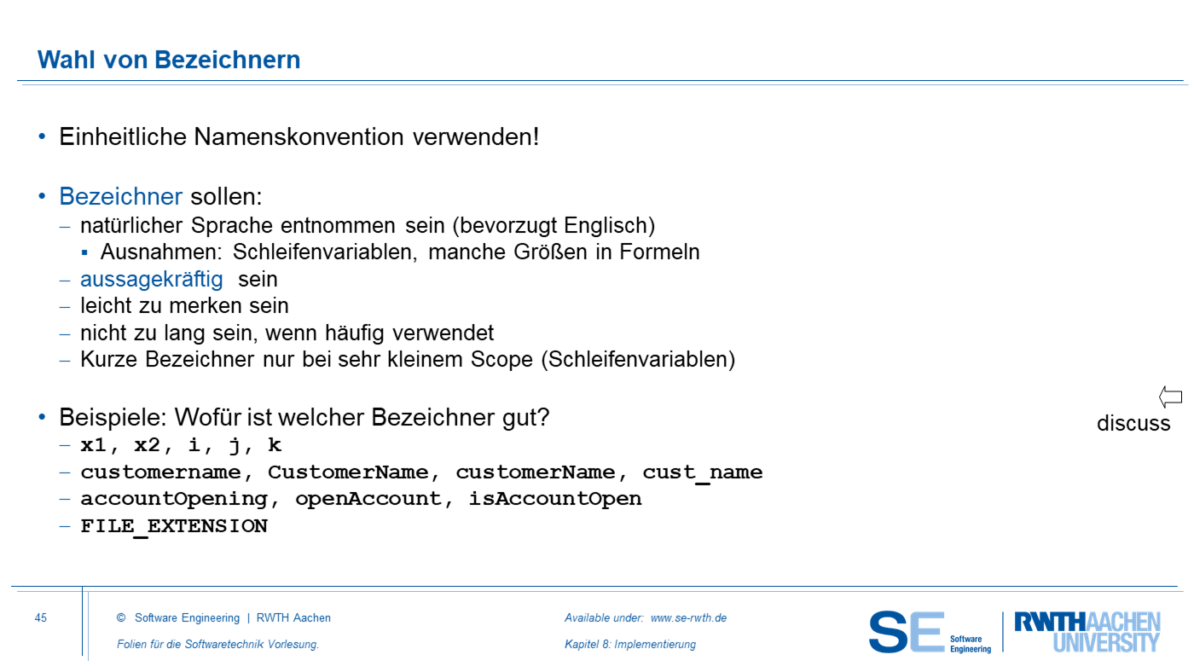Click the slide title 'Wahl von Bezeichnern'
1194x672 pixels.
[169, 59]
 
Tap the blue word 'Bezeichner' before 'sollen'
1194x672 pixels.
[120, 196]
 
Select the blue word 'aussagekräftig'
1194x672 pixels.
[152, 279]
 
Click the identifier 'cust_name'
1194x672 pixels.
[703, 472]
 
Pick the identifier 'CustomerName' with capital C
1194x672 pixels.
[348, 472]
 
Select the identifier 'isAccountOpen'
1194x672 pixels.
[555, 500]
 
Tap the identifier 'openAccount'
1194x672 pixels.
[368, 500]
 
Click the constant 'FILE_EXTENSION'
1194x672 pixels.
[174, 526]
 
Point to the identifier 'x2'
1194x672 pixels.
[147, 445]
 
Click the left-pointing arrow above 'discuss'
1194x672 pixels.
[1170, 397]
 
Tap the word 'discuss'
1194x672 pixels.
[1133, 423]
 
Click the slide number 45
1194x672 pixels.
[41, 617]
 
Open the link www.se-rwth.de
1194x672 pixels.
[688, 617]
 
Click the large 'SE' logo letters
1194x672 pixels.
[906, 632]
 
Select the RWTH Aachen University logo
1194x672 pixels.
[1087, 632]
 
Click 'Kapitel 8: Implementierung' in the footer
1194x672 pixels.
[630, 645]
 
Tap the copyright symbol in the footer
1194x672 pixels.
[121, 617]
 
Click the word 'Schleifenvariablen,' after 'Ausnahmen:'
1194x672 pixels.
[325, 252]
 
